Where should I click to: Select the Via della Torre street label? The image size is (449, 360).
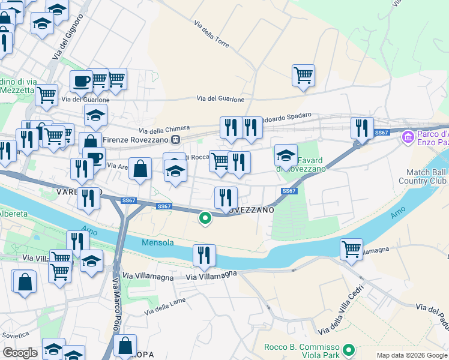[x=212, y=34]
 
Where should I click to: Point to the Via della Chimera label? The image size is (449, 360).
[x=164, y=128]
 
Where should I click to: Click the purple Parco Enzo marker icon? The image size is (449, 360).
[x=408, y=137]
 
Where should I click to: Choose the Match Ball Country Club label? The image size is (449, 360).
[x=423, y=176]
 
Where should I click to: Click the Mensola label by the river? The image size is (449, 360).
[x=158, y=243]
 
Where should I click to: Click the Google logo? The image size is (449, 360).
[x=20, y=353]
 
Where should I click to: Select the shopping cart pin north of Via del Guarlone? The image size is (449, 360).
[x=303, y=76]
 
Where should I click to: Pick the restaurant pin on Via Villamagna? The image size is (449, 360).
[x=204, y=256]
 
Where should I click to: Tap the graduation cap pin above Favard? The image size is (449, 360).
[x=286, y=155]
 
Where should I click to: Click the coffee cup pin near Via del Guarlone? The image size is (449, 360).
[x=81, y=81]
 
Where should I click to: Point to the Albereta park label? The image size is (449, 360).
[x=13, y=214]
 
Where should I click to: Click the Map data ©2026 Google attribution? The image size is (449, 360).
[x=411, y=355]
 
